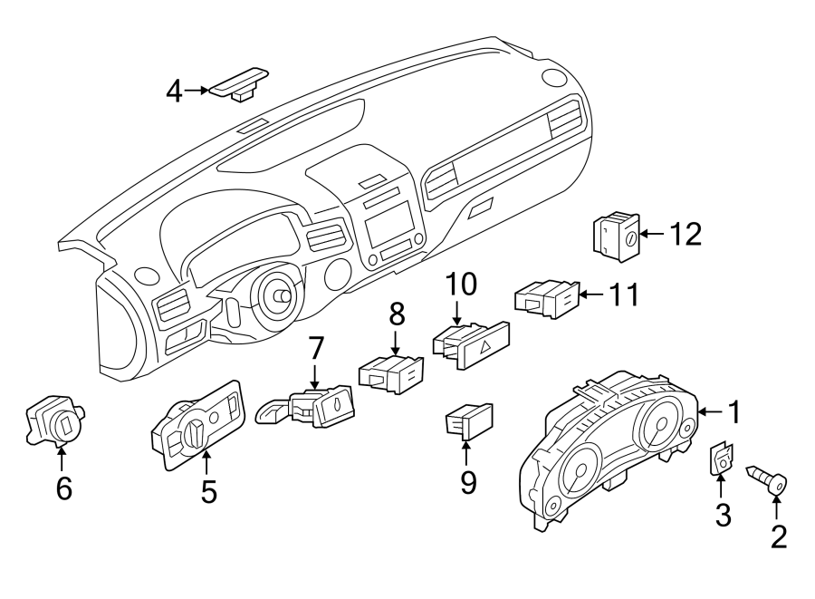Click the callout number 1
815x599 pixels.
pyautogui.click(x=734, y=413)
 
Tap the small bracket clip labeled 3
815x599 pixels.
pyautogui.click(x=722, y=460)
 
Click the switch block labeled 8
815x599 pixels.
pyautogui.click(x=391, y=372)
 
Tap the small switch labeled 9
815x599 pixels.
pyautogui.click(x=468, y=420)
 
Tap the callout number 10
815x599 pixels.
pyautogui.click(x=459, y=285)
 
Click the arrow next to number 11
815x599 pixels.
pyautogui.click(x=590, y=295)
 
